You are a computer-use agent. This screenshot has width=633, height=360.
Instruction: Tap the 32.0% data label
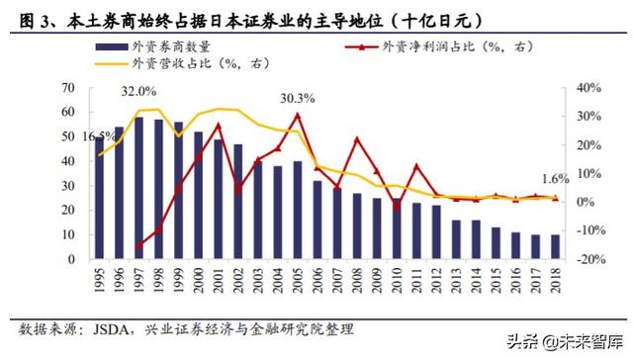139,91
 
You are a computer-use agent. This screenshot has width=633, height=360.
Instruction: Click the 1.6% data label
557,179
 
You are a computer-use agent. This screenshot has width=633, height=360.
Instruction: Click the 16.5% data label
96,136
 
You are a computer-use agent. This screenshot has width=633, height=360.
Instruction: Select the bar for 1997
138,187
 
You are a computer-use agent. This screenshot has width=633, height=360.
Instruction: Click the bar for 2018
555,246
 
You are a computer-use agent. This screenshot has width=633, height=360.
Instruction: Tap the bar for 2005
297,209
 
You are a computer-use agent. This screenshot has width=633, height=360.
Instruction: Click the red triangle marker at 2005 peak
297,115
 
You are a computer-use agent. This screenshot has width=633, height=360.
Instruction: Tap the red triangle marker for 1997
138,245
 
